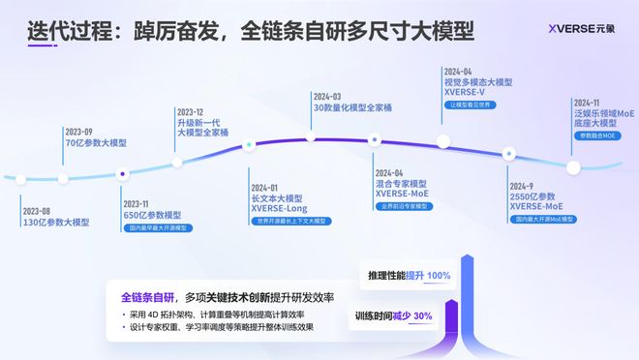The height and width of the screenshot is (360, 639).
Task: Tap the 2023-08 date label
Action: (x=38, y=210)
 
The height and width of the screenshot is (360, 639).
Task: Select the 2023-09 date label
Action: (x=79, y=131)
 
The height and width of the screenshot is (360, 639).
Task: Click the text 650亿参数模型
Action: (x=152, y=216)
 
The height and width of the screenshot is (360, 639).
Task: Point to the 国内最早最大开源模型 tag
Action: (x=159, y=228)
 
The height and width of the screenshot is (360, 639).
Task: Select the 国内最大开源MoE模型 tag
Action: (x=545, y=220)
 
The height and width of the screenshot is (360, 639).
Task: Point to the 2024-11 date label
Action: (x=587, y=102)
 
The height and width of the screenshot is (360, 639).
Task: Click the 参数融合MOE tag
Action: (x=597, y=136)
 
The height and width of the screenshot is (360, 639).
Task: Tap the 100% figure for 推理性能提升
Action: (x=437, y=276)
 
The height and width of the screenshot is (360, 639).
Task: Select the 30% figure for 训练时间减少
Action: (x=422, y=315)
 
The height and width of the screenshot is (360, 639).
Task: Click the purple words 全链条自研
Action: (x=147, y=295)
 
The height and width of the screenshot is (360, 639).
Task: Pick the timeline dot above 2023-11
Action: (x=123, y=174)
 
